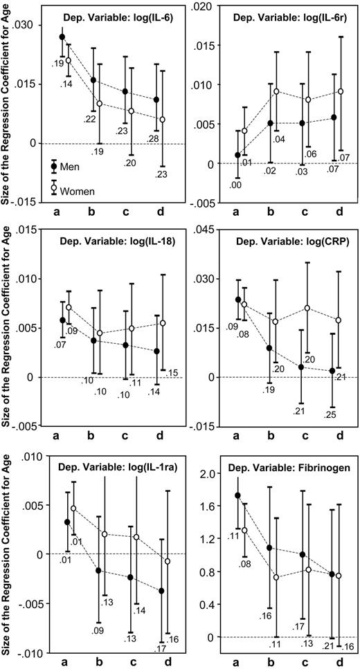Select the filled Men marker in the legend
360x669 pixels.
pyautogui.click(x=55, y=167)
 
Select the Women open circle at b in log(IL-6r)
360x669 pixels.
pyautogui.click(x=276, y=91)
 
